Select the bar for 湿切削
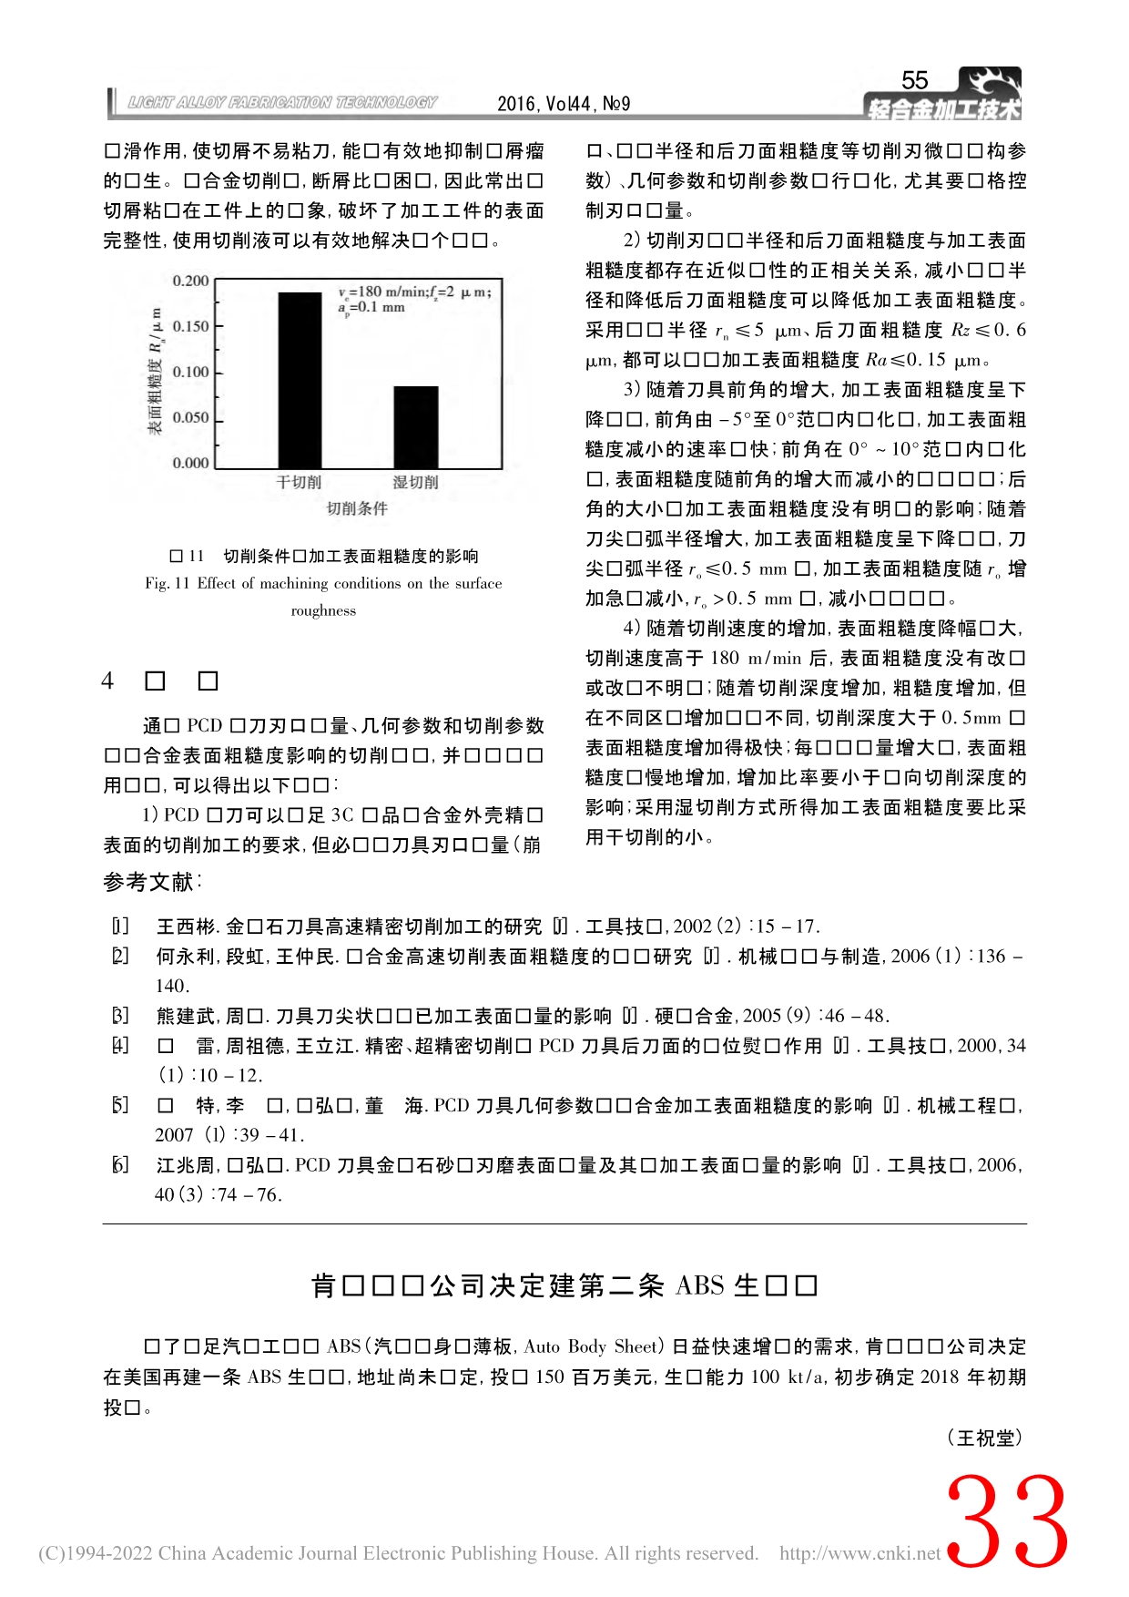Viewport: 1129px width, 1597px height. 415,427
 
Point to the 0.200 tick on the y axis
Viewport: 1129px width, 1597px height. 191,281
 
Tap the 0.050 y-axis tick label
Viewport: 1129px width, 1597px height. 191,417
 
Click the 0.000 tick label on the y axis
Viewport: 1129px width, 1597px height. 191,463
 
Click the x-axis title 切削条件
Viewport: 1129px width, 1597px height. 357,508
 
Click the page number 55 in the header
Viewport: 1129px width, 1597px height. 914,80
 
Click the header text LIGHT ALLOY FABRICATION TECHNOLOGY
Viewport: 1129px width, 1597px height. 282,103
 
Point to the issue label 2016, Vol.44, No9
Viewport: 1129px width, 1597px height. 564,104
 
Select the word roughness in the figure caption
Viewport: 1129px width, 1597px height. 323,611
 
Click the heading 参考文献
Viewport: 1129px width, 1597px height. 151,882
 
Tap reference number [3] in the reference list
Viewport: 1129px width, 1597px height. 120,1016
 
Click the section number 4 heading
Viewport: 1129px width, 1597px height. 108,681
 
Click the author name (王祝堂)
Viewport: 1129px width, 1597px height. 985,1438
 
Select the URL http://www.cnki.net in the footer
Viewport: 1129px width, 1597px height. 859,1553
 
